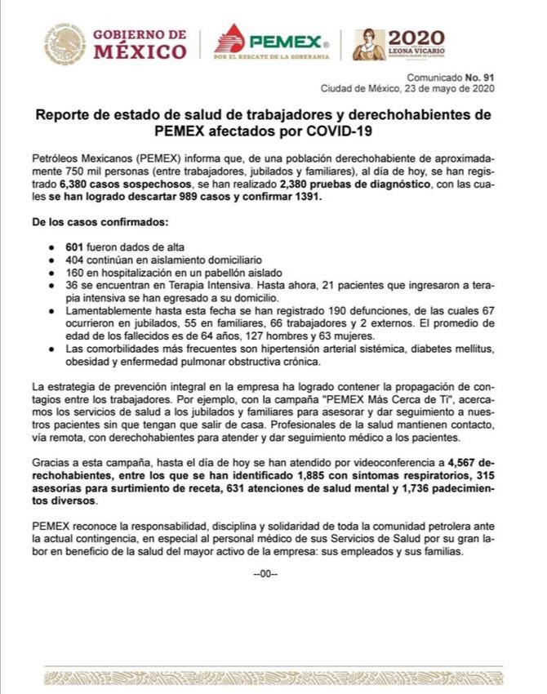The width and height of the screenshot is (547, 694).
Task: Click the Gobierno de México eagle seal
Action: pos(65,43)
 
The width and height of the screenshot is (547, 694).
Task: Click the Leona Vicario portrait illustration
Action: pos(368,44)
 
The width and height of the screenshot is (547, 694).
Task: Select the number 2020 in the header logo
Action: pos(416,38)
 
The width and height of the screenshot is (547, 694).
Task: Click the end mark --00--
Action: pos(266,573)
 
